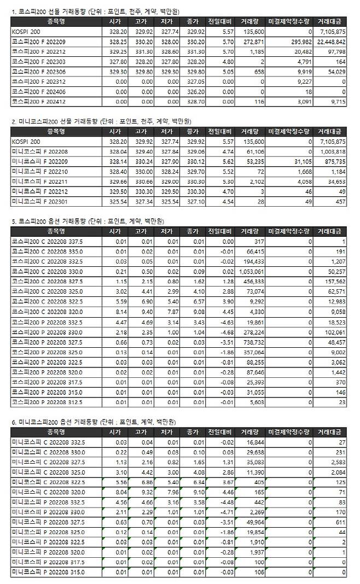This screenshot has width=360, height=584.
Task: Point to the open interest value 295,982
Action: tap(298, 42)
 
